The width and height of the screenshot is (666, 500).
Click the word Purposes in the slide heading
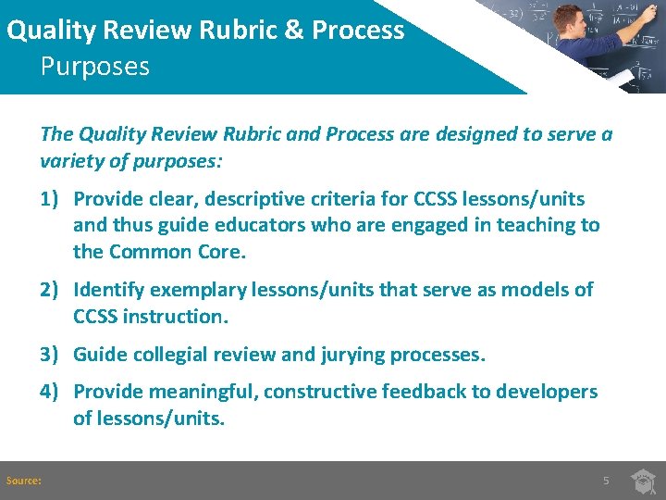[x=94, y=68]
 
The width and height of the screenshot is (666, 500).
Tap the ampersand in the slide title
[x=295, y=30]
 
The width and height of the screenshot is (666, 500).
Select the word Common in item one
[x=151, y=251]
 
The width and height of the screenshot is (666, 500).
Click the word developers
[x=547, y=392]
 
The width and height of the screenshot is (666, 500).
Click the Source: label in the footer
[x=23, y=481]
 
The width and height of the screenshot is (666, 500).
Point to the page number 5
[x=606, y=481]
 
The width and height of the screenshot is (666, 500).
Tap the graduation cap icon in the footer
[x=644, y=481]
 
